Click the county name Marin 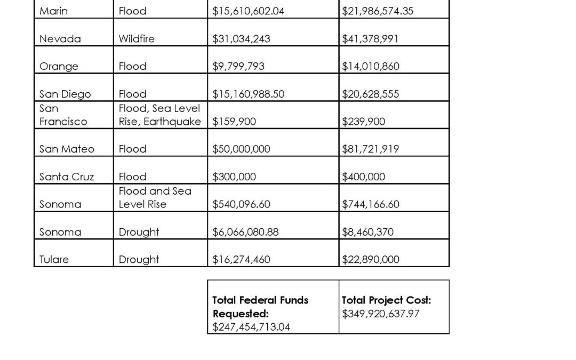53,11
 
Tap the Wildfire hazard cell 137,39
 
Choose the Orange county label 59,67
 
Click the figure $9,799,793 238,67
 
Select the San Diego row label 65,94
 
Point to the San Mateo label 67,149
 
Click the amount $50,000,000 241,149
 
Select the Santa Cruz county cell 67,177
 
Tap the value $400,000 363,177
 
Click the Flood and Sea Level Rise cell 155,197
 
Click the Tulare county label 54,260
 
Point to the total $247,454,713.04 251,327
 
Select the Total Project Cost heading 386,300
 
